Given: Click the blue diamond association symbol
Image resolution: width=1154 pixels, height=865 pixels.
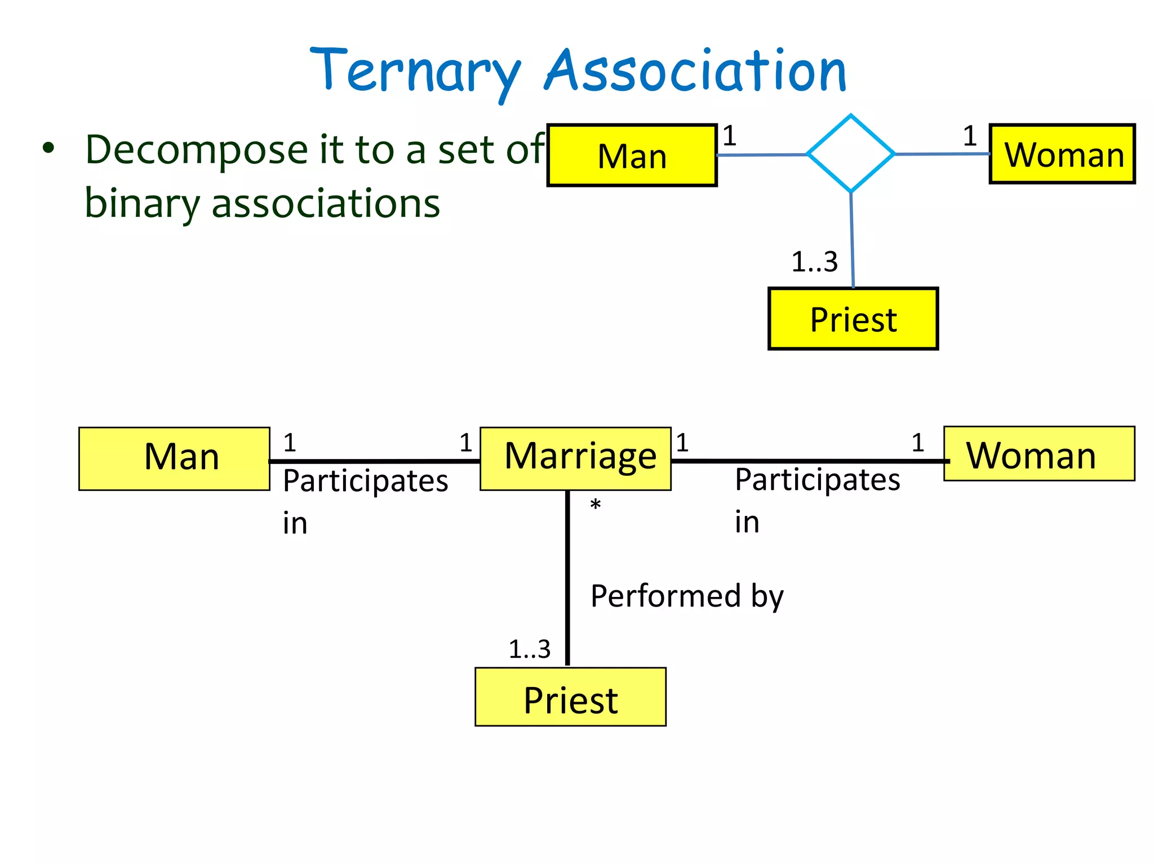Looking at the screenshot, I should pyautogui.click(x=850, y=153).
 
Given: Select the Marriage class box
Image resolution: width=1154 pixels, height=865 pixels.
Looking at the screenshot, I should pyautogui.click(x=575, y=458).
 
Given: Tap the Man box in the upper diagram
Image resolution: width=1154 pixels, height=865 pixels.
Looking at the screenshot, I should pyautogui.click(x=632, y=155).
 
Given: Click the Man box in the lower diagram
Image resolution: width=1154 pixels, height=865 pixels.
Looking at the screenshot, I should pyautogui.click(x=174, y=458).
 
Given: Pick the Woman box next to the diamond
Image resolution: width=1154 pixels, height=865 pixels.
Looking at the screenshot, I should pyautogui.click(x=1062, y=154).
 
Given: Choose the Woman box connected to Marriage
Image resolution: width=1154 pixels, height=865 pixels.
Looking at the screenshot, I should pyautogui.click(x=1038, y=454).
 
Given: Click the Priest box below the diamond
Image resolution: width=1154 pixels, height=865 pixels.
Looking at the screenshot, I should pyautogui.click(x=853, y=319).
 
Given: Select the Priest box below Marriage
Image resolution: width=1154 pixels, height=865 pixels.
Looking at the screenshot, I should pyautogui.click(x=570, y=697).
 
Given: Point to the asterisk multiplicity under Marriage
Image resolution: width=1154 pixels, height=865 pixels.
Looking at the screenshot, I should pyautogui.click(x=595, y=505).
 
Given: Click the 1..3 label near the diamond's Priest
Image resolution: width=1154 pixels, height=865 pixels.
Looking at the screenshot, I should pyautogui.click(x=814, y=262).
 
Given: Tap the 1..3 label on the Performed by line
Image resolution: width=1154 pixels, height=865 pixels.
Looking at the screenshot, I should pyautogui.click(x=529, y=649).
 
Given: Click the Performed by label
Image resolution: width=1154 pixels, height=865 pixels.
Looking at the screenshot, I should pyautogui.click(x=686, y=596).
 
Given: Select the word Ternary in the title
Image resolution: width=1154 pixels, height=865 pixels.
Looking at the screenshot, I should pyautogui.click(x=415, y=71).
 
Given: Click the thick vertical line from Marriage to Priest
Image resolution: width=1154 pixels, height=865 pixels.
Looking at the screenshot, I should pyautogui.click(x=567, y=580).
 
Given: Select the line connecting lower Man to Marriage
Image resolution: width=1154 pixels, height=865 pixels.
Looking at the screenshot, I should pyautogui.click(x=375, y=461).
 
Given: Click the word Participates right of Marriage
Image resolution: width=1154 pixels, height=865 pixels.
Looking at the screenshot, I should pyautogui.click(x=817, y=480).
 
